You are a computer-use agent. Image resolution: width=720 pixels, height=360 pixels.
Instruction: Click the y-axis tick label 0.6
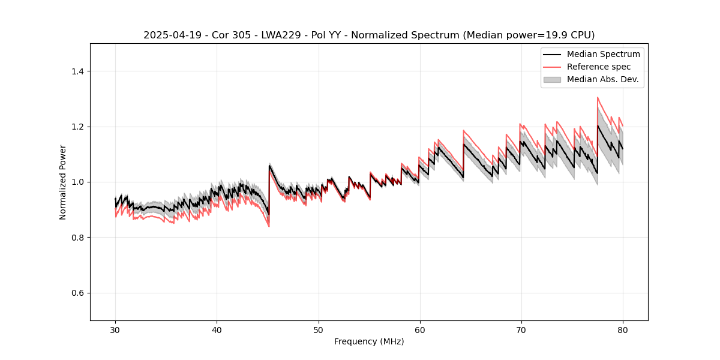click(77, 293)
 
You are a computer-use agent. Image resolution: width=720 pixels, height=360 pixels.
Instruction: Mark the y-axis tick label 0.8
click(77, 238)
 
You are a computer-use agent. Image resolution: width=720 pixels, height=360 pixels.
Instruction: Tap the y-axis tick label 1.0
click(77, 182)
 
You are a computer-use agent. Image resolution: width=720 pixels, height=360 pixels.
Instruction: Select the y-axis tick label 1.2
click(77, 127)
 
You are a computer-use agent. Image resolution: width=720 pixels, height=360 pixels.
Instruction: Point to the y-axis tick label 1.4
click(77, 71)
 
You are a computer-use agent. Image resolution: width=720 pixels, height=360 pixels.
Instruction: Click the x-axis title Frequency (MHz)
click(369, 341)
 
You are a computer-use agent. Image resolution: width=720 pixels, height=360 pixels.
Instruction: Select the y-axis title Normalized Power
click(63, 182)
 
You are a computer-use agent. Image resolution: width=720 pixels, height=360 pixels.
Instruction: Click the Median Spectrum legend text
click(603, 55)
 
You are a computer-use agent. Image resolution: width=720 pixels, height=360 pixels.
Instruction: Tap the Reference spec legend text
click(599, 67)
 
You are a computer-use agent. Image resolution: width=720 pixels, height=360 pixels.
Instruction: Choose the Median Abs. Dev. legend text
click(602, 79)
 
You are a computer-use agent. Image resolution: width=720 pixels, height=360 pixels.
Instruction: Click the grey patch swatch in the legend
click(552, 79)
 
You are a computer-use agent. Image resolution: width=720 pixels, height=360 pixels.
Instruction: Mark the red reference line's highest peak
click(598, 97)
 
